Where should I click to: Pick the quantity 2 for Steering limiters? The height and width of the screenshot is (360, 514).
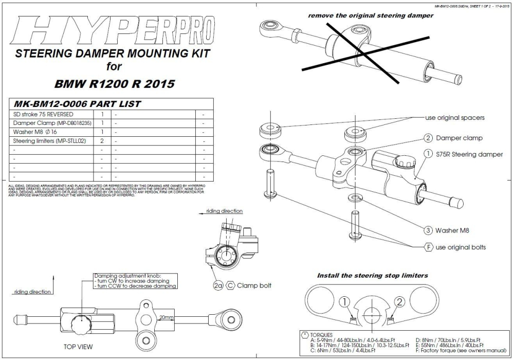pos(102,140)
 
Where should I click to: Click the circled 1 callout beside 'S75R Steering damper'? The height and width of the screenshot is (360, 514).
pos(427,153)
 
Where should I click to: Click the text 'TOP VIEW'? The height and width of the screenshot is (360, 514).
pos(78,347)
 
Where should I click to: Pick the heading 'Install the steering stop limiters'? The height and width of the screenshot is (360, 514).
pos(372,276)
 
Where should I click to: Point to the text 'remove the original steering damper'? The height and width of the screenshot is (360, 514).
pos(370,16)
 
